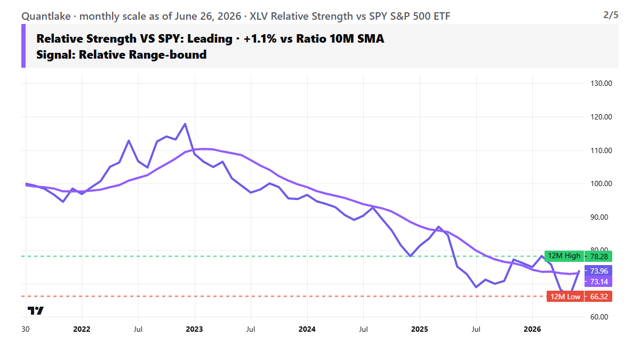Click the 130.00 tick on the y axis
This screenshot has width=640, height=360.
pos(601,83)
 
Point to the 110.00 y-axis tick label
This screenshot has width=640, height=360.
pos(601,150)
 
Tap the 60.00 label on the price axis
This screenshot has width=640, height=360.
pos(599,317)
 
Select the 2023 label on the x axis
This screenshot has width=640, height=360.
pos(194,330)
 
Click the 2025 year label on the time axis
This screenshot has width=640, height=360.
pos(419,330)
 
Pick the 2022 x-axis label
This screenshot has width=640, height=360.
pos(82,330)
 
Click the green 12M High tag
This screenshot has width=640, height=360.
pos(564,256)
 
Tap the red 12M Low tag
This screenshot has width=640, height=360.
pos(565,297)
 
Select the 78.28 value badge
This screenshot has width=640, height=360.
pos(598,257)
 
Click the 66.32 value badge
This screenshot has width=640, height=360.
pos(598,297)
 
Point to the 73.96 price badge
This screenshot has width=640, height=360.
pos(598,270)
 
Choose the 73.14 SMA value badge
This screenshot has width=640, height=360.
pos(598,282)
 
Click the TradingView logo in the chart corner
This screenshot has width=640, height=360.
pos(35,310)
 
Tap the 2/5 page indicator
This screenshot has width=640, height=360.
pos(611,15)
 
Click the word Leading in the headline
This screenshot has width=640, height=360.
pos(210,39)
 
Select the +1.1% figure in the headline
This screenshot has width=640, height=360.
pos(260,38)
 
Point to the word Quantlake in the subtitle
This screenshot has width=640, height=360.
pos(46,17)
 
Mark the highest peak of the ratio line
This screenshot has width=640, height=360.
pos(185,124)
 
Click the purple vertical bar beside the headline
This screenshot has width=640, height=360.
pos(23,46)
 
